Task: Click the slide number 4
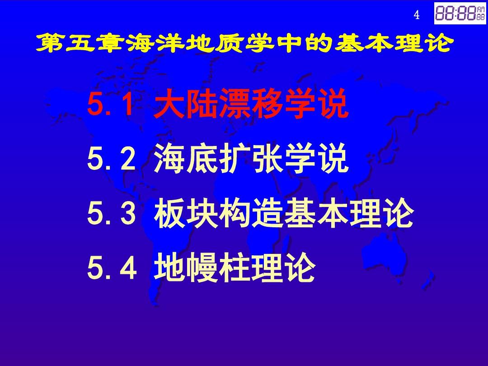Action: coord(417,14)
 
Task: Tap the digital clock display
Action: coord(460,13)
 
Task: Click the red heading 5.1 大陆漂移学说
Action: coord(217,103)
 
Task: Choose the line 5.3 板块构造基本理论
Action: coord(250,213)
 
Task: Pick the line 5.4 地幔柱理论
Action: coord(202,267)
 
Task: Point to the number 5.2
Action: coord(112,159)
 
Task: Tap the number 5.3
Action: coord(112,213)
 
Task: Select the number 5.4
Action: coord(112,268)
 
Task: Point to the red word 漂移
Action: coord(250,103)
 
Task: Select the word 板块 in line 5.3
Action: coord(185,213)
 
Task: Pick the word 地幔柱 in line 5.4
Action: coord(202,267)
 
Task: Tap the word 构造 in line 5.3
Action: coord(250,213)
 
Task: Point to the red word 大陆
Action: coord(185,103)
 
